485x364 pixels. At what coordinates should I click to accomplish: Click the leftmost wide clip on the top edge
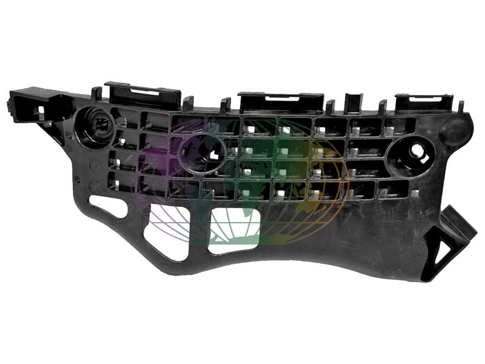tap(143, 94)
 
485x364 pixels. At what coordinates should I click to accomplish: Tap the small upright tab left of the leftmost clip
tap(96, 93)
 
